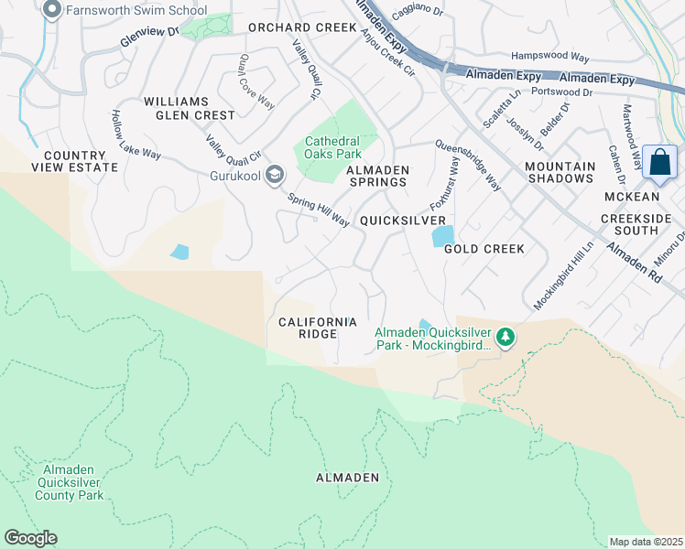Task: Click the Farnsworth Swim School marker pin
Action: click(52, 11)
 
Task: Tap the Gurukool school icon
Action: click(274, 175)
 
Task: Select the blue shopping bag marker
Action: click(659, 164)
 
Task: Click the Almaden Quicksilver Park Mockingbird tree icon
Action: click(506, 339)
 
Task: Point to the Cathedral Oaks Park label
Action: click(332, 147)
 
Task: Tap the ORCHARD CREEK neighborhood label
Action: click(301, 27)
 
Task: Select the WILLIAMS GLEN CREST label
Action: click(189, 108)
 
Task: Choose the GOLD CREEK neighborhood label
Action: click(484, 249)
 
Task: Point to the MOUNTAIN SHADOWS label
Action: click(560, 171)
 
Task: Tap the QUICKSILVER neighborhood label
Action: click(403, 221)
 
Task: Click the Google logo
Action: click(30, 538)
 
